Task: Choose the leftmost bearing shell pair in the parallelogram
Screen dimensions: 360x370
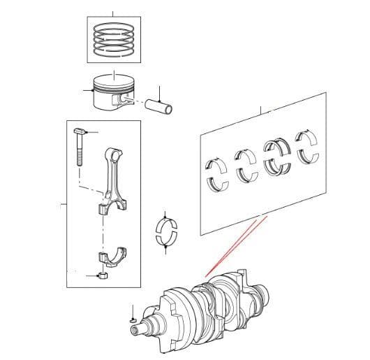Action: (219, 173)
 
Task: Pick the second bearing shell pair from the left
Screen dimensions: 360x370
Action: (246, 166)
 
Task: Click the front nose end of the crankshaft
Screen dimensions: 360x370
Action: (143, 324)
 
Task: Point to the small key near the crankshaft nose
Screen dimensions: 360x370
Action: (133, 319)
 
